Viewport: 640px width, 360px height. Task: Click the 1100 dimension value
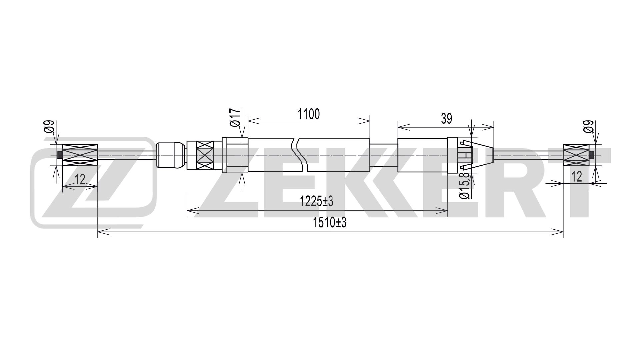click(309, 114)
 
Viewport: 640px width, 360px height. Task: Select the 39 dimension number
click(446, 119)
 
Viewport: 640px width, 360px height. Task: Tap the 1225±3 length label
click(316, 201)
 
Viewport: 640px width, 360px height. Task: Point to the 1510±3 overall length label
click(330, 223)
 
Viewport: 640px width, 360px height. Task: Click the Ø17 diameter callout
click(235, 117)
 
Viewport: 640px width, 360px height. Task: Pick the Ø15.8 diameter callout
click(466, 185)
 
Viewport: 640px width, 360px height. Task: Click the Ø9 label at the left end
click(49, 126)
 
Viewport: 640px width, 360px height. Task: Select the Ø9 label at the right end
click(588, 126)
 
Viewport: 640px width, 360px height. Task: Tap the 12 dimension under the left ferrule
click(80, 180)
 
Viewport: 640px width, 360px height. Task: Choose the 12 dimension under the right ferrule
click(576, 176)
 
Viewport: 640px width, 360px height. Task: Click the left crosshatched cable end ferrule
click(80, 155)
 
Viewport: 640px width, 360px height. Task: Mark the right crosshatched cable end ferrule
click(576, 155)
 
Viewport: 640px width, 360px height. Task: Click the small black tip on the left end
click(60, 155)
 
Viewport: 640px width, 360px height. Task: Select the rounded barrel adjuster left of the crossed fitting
click(171, 155)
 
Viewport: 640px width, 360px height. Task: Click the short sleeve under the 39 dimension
click(422, 155)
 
